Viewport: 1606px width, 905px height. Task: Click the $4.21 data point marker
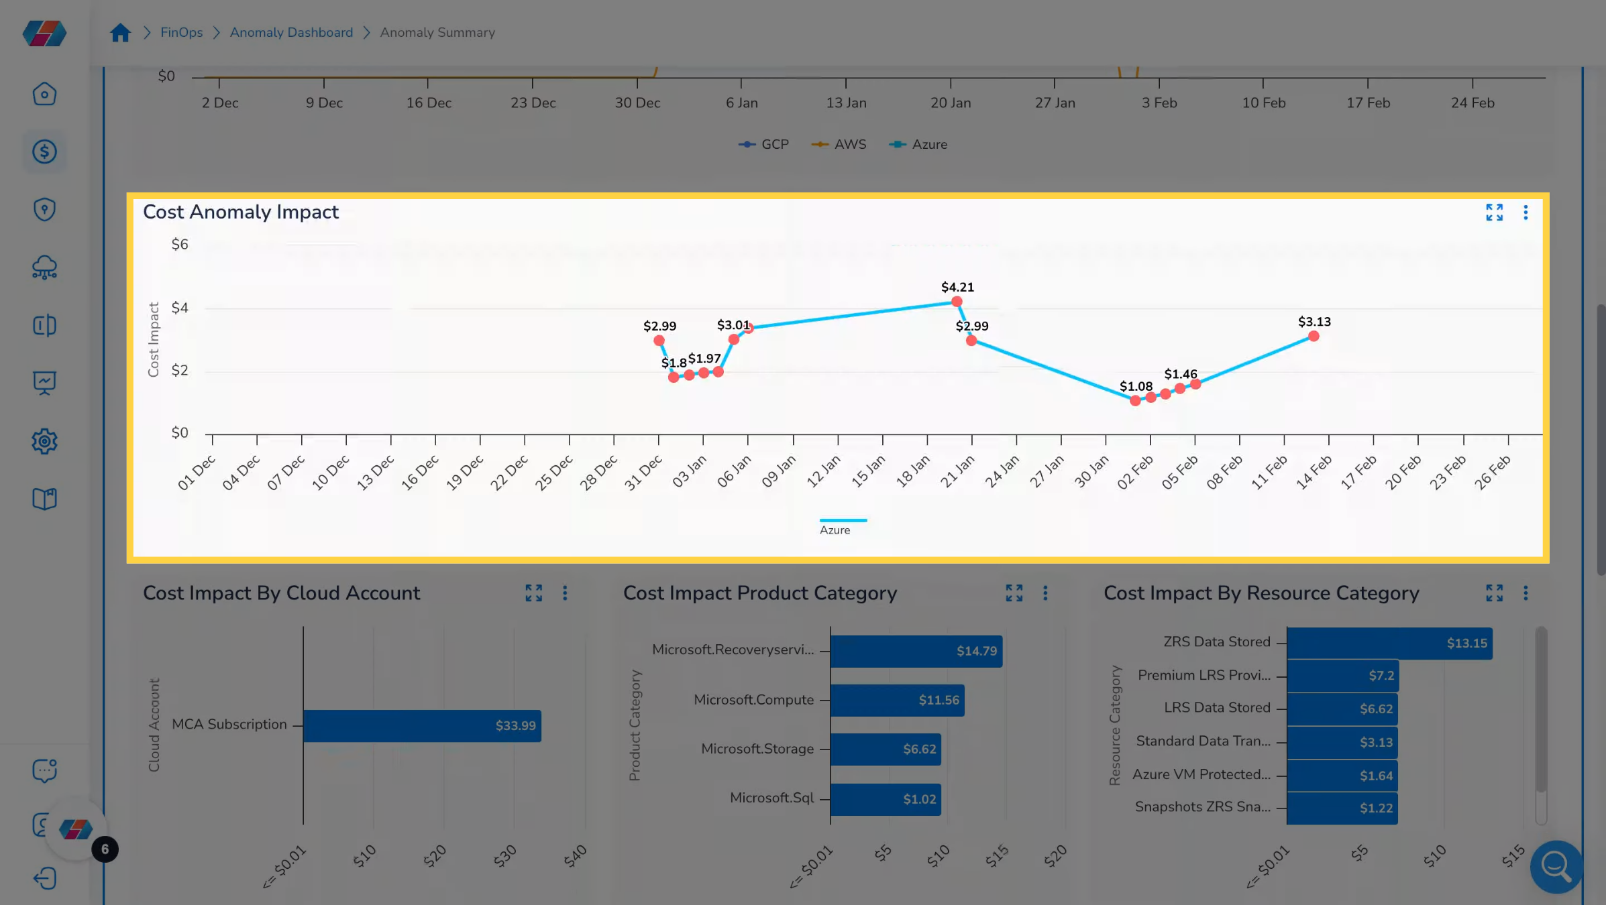pyautogui.click(x=957, y=302)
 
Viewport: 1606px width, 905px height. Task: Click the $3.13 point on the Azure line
pyautogui.click(x=1314, y=337)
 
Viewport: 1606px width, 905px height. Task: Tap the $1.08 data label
pyautogui.click(x=1136, y=387)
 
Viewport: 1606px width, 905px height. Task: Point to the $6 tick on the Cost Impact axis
pyautogui.click(x=180, y=245)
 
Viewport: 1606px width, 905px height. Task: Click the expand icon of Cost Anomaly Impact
pyautogui.click(x=1494, y=213)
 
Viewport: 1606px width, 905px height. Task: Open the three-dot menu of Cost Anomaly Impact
pyautogui.click(x=1525, y=213)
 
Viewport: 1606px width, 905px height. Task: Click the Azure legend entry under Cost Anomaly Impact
pyautogui.click(x=835, y=530)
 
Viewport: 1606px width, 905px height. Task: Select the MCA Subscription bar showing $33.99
pyautogui.click(x=422, y=726)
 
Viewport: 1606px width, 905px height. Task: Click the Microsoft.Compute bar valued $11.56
pyautogui.click(x=897, y=701)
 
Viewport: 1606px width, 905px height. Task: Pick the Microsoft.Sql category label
pyautogui.click(x=771, y=798)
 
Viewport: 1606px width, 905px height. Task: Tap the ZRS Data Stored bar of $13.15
pyautogui.click(x=1389, y=644)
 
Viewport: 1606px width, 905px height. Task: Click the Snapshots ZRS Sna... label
pyautogui.click(x=1202, y=807)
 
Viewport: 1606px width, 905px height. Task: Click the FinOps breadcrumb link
pyautogui.click(x=181, y=32)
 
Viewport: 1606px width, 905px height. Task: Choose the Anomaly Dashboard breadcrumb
pyautogui.click(x=291, y=32)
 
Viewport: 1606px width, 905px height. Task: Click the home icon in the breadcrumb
pyautogui.click(x=120, y=32)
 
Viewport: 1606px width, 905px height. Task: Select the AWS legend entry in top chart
pyautogui.click(x=840, y=144)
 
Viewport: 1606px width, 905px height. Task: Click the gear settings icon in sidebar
pyautogui.click(x=44, y=442)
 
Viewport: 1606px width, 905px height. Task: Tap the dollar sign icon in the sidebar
pyautogui.click(x=44, y=152)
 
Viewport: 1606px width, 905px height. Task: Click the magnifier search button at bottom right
pyautogui.click(x=1556, y=867)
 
